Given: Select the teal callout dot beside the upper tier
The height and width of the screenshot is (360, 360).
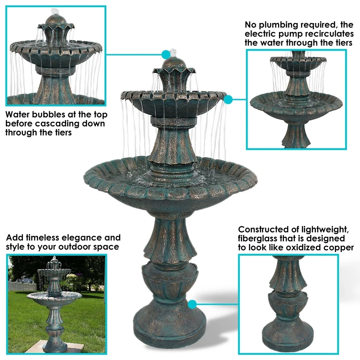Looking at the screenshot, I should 228,99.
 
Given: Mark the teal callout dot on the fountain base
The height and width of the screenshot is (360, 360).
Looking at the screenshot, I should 193,304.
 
